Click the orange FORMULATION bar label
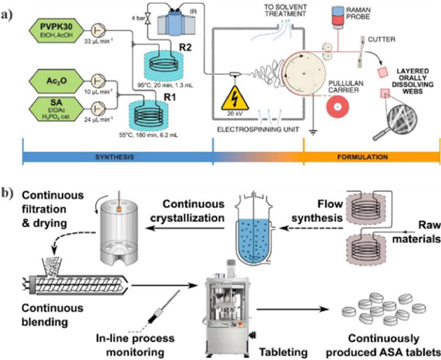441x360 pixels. coord(370,158)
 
